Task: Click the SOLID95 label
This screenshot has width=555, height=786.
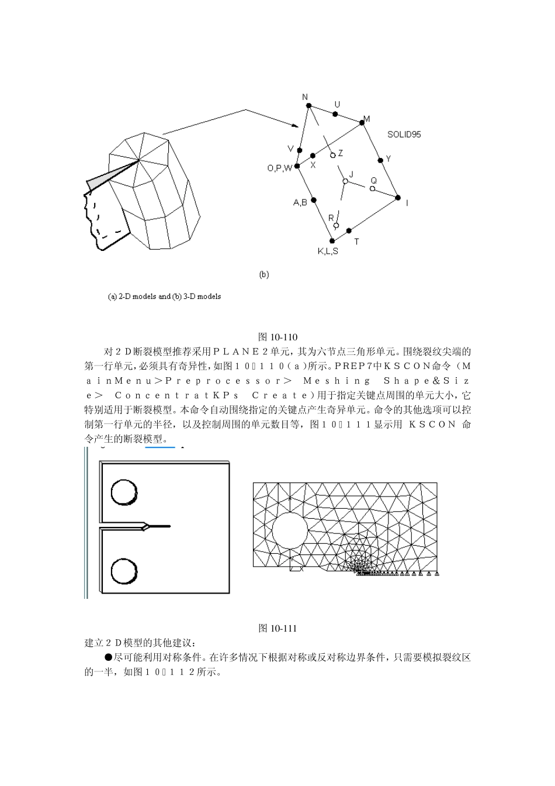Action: pos(404,135)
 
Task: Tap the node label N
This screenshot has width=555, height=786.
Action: pos(305,97)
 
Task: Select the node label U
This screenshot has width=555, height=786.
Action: pos(337,105)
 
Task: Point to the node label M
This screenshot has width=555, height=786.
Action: pos(367,119)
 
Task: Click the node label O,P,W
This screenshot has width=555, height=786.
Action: pos(279,168)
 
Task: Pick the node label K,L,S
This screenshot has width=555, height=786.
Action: pos(328,251)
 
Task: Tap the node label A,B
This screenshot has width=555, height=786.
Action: pos(300,203)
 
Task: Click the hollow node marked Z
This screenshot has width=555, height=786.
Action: pos(333,155)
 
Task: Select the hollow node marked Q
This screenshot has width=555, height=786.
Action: pos(372,188)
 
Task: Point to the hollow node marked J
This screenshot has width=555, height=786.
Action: pos(345,182)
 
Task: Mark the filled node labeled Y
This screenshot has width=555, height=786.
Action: pos(380,159)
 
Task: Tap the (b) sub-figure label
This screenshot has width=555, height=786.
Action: pos(264,274)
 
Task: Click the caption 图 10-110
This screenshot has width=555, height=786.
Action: pos(277,337)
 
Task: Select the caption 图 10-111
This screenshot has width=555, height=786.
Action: pos(277,628)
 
